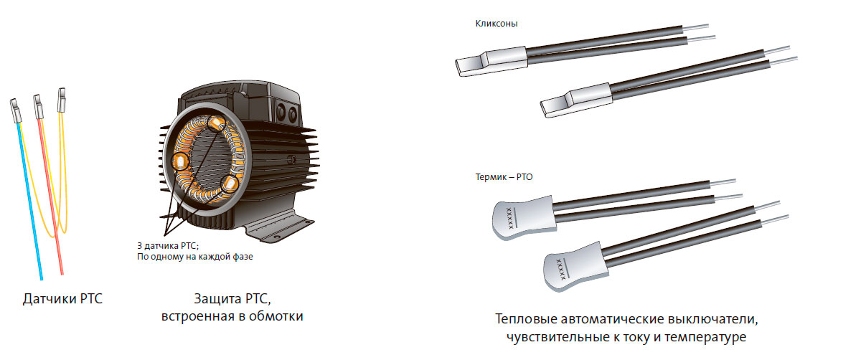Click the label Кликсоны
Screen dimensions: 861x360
coord(497,24)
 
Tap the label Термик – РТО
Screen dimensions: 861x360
coord(504,177)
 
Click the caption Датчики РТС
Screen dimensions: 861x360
coord(62,299)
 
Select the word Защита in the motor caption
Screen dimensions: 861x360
coord(217,299)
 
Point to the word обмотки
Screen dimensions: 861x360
coord(276,316)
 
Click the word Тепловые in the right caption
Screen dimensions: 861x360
coord(525,319)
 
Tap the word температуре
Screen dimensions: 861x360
coord(705,337)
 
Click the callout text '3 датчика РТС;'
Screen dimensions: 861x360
coord(168,246)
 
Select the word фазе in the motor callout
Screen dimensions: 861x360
coord(243,257)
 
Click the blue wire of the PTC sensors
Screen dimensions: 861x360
coord(29,200)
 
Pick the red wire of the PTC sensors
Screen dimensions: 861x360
coord(50,196)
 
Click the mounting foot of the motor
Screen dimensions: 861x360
coord(279,227)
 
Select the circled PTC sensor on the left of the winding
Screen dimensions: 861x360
coord(180,161)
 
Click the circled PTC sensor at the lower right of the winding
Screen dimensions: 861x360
coord(230,185)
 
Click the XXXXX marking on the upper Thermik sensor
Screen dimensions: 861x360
coord(510,218)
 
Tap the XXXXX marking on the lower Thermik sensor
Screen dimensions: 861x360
coord(561,269)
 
